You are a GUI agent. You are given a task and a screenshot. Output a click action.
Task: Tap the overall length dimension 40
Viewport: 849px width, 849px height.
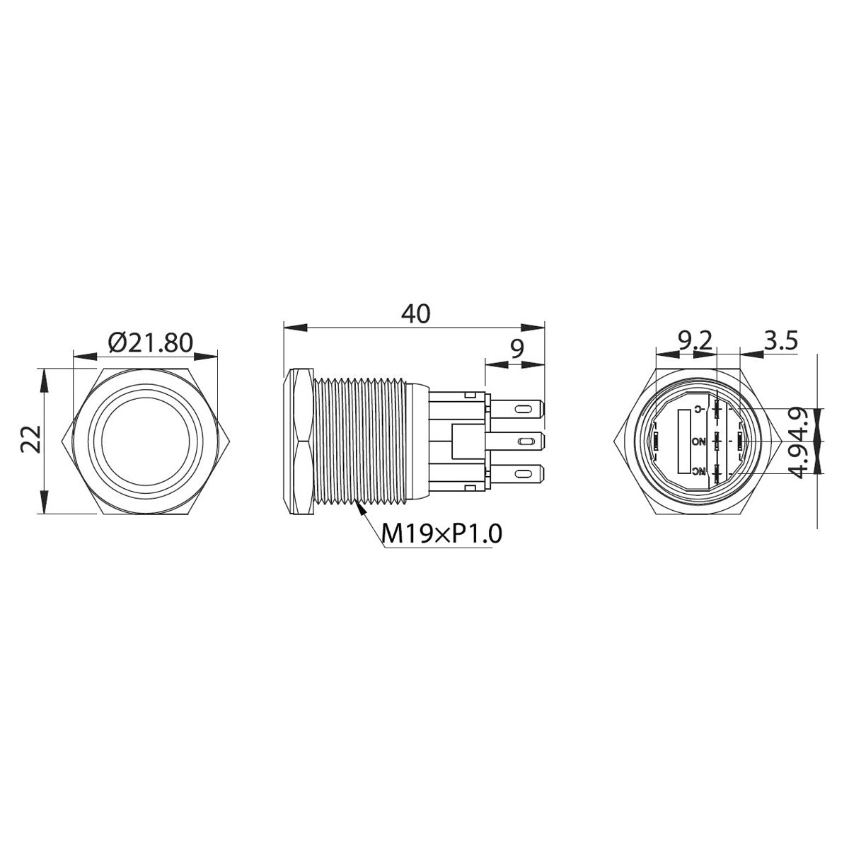(415, 313)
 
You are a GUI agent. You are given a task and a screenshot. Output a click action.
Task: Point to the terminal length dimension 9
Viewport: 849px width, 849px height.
(516, 348)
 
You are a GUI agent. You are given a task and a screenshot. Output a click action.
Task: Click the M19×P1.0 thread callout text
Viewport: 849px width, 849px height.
(441, 533)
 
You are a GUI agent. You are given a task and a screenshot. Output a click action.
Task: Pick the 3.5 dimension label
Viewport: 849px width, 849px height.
(780, 341)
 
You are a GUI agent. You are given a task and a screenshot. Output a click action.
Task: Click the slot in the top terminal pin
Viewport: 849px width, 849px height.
(523, 410)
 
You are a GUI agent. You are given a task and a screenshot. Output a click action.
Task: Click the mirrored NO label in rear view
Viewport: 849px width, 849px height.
(699, 441)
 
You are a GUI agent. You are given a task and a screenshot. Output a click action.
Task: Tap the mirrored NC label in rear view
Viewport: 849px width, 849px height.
(699, 472)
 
